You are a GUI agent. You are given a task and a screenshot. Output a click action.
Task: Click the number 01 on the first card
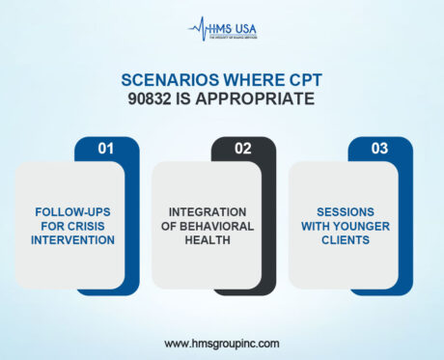pyautogui.click(x=106, y=149)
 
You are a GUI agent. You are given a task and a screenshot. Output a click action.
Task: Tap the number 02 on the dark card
pyautogui.click(x=242, y=149)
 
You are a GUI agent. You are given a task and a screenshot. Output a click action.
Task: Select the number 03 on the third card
pyautogui.click(x=379, y=149)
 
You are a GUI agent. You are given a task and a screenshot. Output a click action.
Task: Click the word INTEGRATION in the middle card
pyautogui.click(x=208, y=211)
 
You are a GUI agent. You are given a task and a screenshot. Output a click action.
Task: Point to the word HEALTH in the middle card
pyautogui.click(x=208, y=238)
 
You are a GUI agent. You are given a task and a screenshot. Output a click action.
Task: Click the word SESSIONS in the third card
pyautogui.click(x=345, y=211)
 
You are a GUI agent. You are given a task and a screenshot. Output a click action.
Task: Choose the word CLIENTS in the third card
pyautogui.click(x=345, y=238)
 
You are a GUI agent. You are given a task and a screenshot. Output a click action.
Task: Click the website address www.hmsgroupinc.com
pyautogui.click(x=221, y=343)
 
